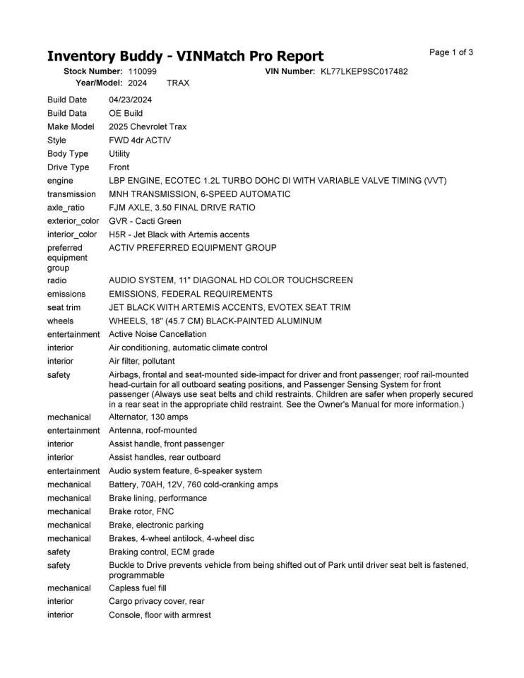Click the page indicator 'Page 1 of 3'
coord(451,52)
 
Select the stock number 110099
coord(143,71)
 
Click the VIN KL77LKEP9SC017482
coord(364,71)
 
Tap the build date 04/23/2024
coord(131,100)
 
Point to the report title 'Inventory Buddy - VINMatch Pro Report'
coord(185,56)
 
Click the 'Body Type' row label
coord(68,153)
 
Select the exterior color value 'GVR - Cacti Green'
coord(145,221)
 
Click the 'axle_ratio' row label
coord(69,208)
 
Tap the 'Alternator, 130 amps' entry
coord(148,417)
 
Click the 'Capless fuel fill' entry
coord(138,588)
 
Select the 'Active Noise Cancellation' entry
coord(157,334)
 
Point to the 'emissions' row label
coord(66,294)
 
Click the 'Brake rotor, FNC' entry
coord(141,511)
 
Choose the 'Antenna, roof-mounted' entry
coord(153,430)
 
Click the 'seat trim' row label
coord(64,307)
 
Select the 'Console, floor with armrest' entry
coord(160,614)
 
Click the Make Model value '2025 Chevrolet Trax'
coord(148,126)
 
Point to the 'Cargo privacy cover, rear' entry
coord(157,601)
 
